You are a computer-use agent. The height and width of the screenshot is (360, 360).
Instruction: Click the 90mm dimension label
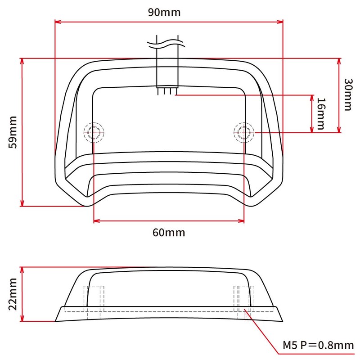(x=164, y=12)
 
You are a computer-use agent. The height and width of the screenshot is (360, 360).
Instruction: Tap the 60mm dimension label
(x=169, y=233)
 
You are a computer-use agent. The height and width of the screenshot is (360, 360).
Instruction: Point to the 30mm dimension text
(x=347, y=94)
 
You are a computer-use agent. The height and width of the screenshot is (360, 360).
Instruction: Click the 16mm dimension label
(x=320, y=113)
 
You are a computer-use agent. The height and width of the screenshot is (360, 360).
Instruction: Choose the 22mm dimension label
(x=12, y=294)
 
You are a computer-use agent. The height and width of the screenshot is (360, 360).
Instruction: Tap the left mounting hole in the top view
(x=94, y=132)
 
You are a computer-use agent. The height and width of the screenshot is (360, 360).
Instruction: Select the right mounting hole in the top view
(x=243, y=132)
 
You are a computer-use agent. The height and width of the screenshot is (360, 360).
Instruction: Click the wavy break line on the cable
(x=167, y=44)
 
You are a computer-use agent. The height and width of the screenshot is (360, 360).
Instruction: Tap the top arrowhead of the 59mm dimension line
(x=22, y=61)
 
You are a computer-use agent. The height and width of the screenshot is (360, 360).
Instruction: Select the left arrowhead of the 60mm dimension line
(x=96, y=221)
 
